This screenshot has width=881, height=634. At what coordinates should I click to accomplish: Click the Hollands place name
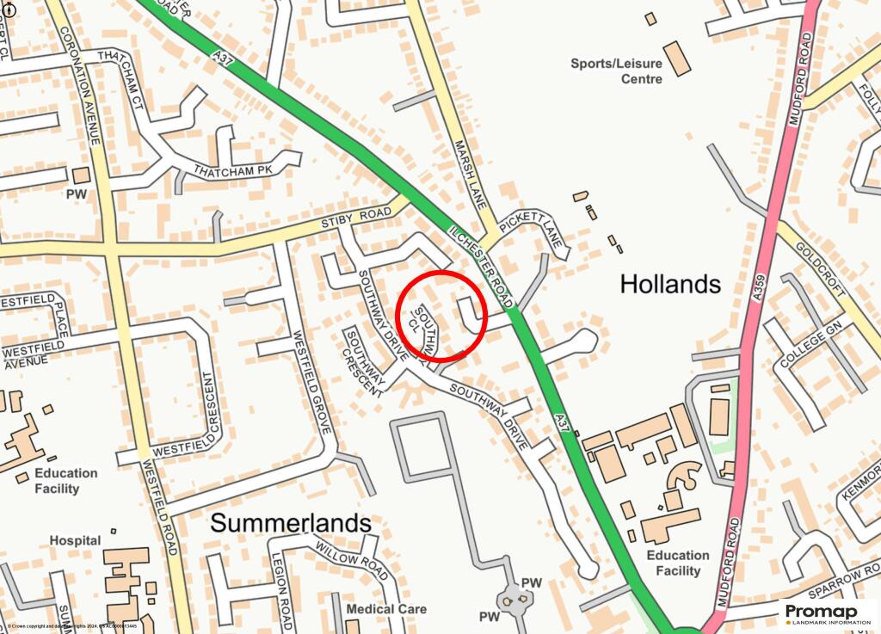[670, 284]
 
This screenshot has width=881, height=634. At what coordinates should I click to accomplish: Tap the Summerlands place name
[291, 522]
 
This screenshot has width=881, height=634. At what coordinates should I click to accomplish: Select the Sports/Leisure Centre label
[617, 71]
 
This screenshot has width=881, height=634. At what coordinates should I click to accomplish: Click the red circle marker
[442, 314]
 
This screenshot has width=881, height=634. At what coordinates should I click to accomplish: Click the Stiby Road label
[350, 219]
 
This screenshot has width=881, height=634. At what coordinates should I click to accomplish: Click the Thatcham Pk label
[233, 170]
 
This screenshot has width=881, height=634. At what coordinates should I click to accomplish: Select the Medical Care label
[386, 609]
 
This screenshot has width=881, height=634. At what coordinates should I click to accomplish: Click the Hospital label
[75, 540]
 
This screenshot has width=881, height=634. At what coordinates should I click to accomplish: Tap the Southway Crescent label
[364, 361]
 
